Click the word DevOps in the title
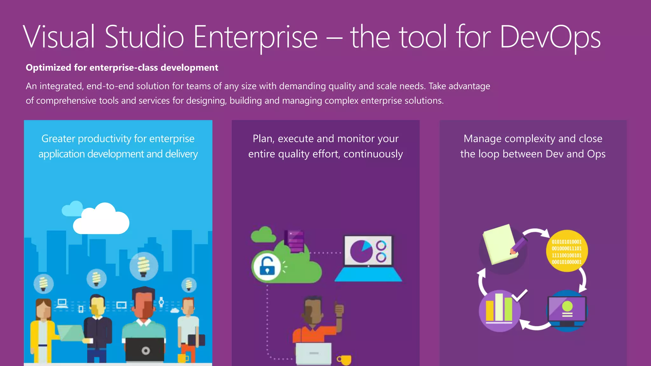click(550, 37)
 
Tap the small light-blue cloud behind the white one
click(72, 209)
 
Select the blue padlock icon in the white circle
click(267, 266)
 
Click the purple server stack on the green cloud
click(295, 241)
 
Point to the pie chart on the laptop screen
click(361, 251)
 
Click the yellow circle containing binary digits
click(567, 251)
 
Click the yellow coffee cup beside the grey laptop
click(345, 360)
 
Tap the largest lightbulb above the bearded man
click(144, 266)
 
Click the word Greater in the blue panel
click(58, 139)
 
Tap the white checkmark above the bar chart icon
click(520, 295)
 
